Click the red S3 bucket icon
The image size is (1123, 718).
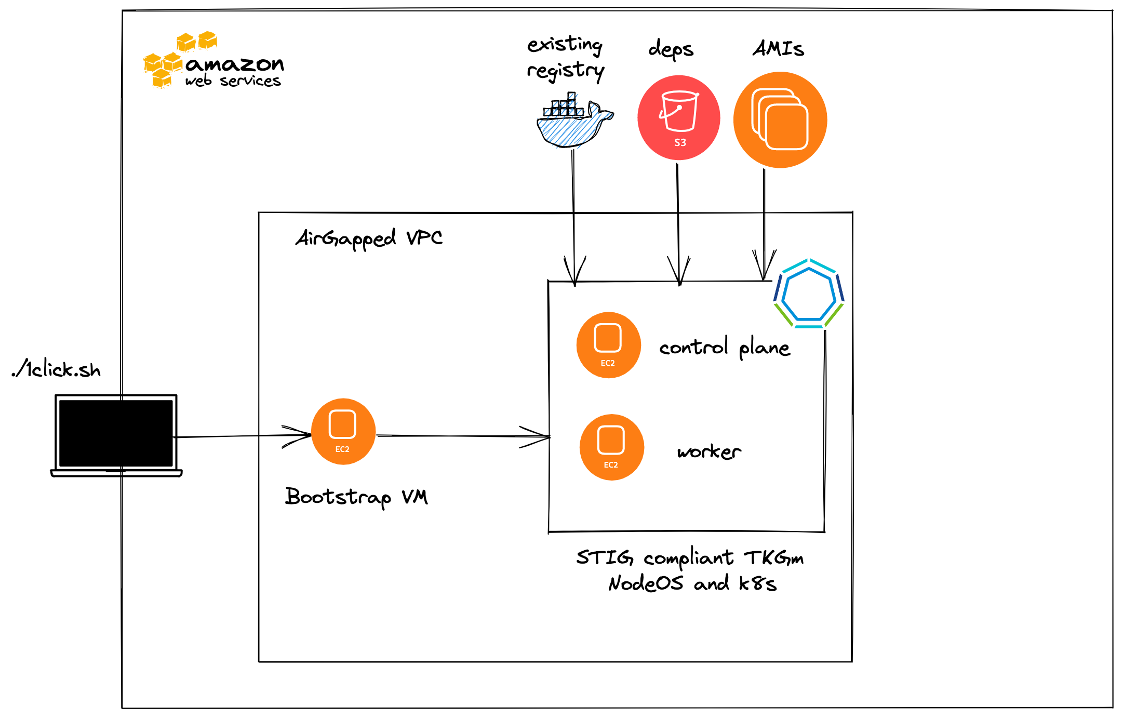pos(678,118)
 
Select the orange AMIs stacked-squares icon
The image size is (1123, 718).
pos(780,120)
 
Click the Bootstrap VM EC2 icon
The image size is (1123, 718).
pos(343,431)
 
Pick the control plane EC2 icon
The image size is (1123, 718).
pos(608,345)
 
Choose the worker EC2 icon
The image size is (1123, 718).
pos(611,447)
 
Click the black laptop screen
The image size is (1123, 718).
pos(116,433)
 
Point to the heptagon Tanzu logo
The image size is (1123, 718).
pos(808,295)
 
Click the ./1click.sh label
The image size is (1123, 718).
pos(57,369)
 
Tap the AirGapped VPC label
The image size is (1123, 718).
pos(369,238)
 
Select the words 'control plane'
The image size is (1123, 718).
pos(725,348)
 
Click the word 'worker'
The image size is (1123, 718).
pos(709,451)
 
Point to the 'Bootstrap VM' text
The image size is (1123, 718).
pos(356,497)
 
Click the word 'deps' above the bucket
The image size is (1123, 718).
pos(671,49)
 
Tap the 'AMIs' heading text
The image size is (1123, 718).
pos(778,49)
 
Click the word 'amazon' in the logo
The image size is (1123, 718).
pos(235,64)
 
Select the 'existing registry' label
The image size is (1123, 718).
pos(566,57)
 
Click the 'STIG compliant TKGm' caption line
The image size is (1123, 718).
pos(690,558)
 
